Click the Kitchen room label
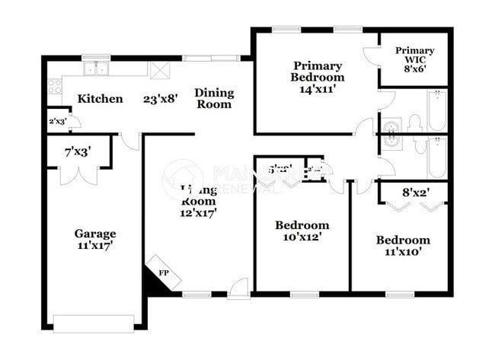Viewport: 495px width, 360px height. tap(100, 98)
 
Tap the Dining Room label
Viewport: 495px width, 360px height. tap(214, 98)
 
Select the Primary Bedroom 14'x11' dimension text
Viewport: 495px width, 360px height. tap(318, 88)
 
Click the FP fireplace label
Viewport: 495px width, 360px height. tap(164, 272)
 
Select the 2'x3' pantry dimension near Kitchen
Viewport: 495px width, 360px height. tap(57, 121)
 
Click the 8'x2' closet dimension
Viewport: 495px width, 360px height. tap(412, 193)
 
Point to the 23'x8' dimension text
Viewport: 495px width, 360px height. tap(161, 98)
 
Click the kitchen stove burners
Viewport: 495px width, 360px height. tap(54, 86)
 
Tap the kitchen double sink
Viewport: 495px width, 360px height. tap(97, 68)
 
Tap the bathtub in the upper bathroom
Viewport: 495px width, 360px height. tap(437, 112)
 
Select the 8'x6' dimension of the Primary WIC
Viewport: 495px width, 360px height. tap(415, 65)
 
